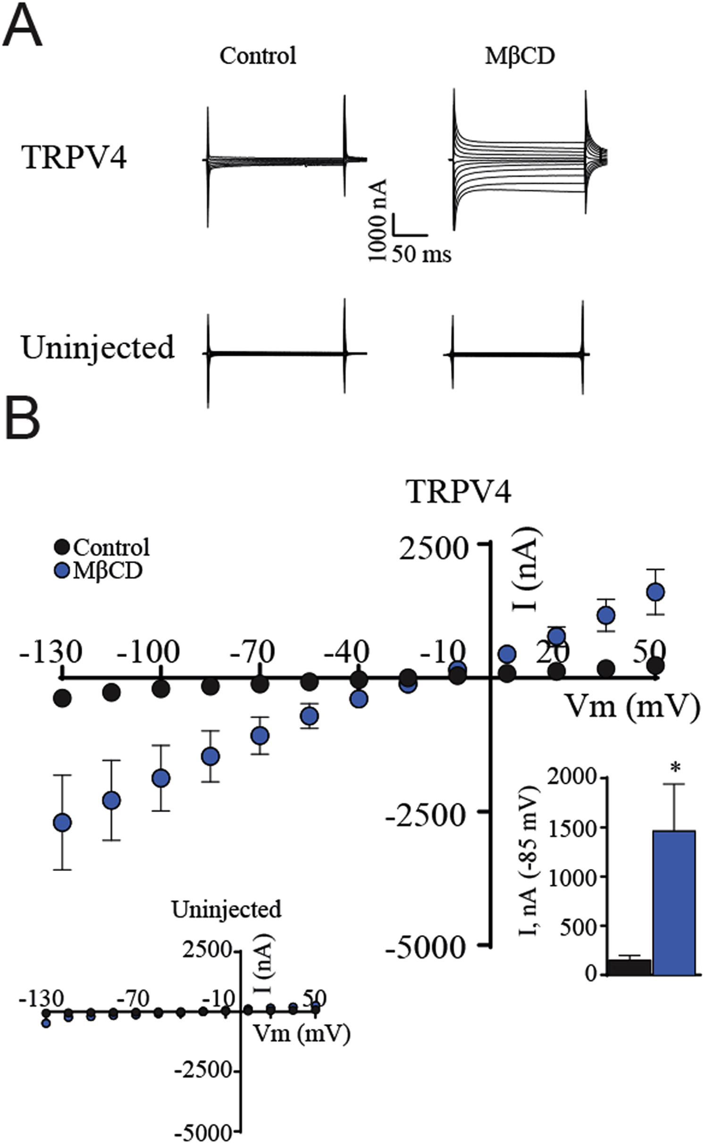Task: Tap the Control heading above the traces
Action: [258, 56]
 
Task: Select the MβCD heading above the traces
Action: [520, 56]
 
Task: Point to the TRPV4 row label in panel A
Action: [74, 158]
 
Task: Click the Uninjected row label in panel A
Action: [98, 348]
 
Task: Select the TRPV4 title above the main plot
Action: [460, 492]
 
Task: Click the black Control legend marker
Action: [61, 547]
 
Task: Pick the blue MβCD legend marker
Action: [61, 571]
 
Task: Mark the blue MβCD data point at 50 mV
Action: [655, 592]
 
